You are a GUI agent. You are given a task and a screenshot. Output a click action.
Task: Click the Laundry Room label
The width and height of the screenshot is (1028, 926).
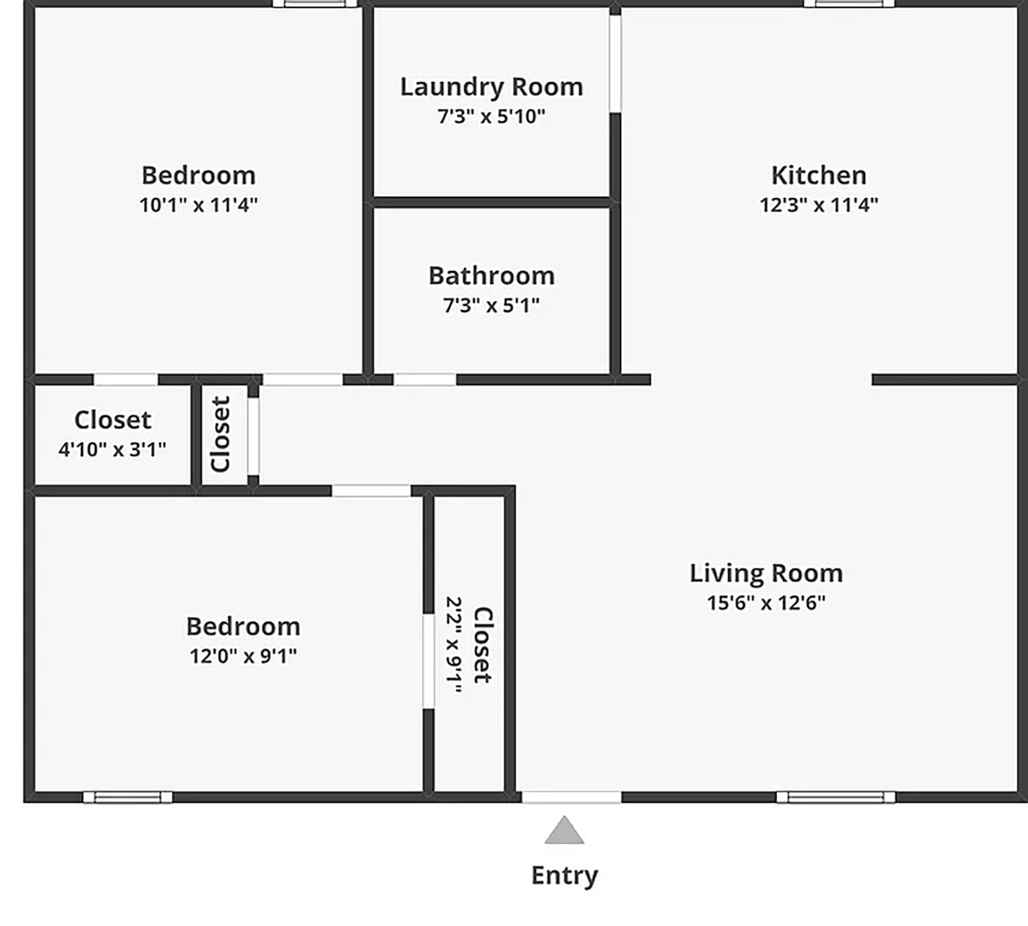(491, 87)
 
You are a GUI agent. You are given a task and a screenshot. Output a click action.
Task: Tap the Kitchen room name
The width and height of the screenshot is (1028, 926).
(818, 176)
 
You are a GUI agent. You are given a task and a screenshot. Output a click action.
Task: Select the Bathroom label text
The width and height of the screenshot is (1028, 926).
(491, 276)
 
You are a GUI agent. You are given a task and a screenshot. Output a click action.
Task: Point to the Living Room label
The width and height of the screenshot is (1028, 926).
(766, 573)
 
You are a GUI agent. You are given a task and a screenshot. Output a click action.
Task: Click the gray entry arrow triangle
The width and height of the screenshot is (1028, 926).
(564, 830)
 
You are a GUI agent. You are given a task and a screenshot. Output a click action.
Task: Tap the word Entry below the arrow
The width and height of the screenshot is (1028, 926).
(564, 876)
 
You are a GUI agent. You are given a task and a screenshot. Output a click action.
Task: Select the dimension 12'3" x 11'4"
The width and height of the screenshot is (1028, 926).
(818, 205)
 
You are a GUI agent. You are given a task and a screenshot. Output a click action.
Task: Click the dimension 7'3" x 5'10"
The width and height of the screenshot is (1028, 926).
(491, 117)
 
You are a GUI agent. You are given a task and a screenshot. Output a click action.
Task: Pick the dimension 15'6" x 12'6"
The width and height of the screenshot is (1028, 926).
(766, 603)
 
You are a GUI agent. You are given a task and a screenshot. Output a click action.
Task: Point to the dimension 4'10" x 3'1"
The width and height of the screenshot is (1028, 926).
(112, 450)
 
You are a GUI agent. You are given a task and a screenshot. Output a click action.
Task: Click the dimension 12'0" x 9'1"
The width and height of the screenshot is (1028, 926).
(243, 656)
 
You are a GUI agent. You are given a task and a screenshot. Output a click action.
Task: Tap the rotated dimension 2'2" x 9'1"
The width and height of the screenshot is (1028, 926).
(454, 644)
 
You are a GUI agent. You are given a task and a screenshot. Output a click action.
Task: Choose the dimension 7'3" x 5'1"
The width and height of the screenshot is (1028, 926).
(491, 305)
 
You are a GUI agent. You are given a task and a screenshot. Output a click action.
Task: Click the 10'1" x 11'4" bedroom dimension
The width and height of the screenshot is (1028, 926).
(199, 205)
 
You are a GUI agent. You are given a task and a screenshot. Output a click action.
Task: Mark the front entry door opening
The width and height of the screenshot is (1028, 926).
(571, 797)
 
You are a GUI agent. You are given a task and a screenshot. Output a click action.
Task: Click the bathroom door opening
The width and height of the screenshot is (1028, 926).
(425, 379)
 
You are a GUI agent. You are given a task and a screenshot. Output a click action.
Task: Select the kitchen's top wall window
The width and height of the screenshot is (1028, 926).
(849, 3)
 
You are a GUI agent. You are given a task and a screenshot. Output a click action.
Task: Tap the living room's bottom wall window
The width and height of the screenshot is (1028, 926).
(835, 797)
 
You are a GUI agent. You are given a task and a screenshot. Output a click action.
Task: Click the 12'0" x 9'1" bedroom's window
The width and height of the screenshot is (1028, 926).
(128, 797)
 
